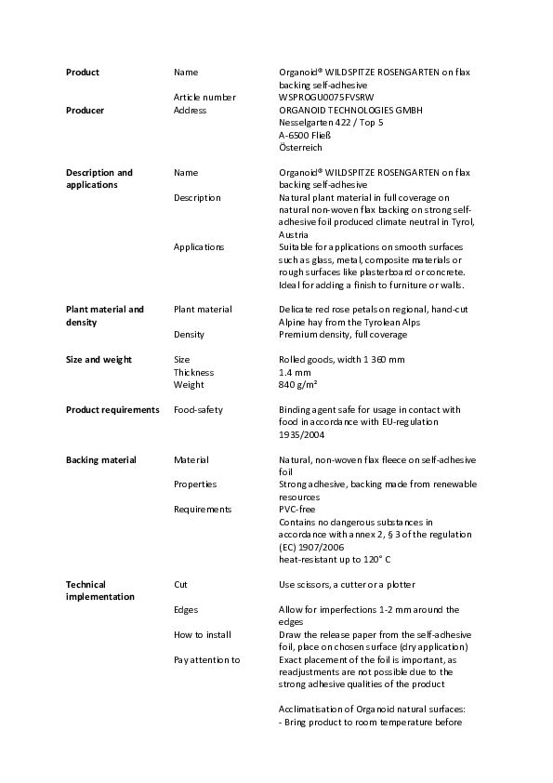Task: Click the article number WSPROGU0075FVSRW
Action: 328,97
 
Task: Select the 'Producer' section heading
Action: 85,110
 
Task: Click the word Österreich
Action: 301,147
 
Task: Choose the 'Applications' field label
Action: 199,246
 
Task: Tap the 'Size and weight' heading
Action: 99,359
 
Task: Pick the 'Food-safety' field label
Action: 198,409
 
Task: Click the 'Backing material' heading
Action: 100,459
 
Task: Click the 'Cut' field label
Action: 180,584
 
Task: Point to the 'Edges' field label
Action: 186,609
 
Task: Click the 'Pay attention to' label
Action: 206,659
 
